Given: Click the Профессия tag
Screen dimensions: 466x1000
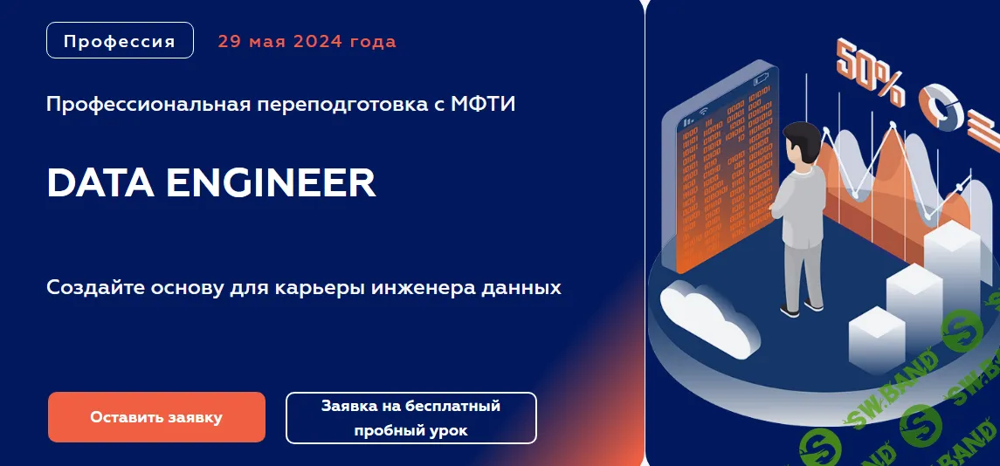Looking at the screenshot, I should coord(120,41).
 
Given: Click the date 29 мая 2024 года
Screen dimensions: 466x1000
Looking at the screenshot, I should coord(307,41).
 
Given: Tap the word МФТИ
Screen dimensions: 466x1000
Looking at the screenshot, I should coord(484,105).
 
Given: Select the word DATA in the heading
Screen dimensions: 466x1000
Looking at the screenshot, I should coord(99,183).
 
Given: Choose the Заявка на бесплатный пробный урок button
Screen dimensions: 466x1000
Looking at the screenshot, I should coord(410,418).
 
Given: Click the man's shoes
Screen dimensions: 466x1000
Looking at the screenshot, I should coord(802,307).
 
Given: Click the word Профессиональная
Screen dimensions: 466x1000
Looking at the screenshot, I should coord(149,105).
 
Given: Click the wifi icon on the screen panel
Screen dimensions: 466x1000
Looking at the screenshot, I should coord(689,114).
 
